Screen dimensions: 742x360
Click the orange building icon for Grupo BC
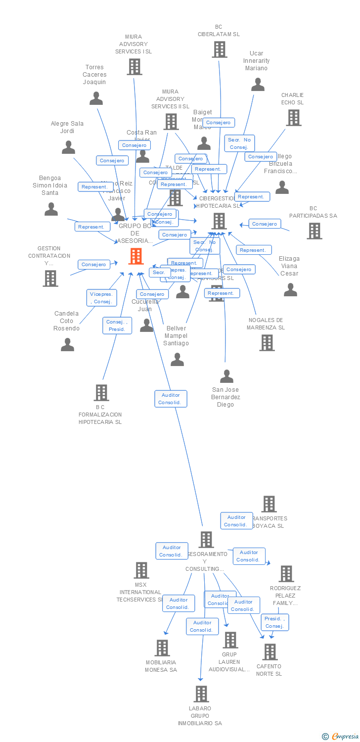pos(136,256)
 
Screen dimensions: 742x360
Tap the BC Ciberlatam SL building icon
pos(220,49)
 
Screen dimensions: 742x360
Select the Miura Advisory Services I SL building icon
pos(134,67)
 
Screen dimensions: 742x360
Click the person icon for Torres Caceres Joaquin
pos(96,98)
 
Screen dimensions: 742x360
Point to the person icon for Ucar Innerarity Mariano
pos(258,85)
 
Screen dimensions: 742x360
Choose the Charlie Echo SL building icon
pos(293,118)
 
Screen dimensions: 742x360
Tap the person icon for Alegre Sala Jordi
pos(68,147)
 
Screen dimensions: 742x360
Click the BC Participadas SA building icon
pos(314,231)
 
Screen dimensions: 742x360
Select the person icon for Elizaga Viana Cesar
pos(290,289)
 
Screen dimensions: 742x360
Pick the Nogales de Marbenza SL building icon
pos(267,342)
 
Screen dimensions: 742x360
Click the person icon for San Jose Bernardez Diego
pos(226,376)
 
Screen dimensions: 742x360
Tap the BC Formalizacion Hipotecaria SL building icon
pos(101,392)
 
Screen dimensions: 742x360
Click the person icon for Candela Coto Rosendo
pos(67,344)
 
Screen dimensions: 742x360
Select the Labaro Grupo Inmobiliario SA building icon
pos(201,694)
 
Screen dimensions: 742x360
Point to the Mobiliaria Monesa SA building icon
pos(162,648)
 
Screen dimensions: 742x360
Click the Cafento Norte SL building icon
pos(270,652)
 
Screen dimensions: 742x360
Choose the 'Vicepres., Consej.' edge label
pos(101,298)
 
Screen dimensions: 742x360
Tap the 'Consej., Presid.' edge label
pos(117,325)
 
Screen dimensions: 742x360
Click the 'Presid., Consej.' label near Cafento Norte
pos(274,622)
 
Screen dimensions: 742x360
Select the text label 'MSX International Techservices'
pos(141,592)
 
